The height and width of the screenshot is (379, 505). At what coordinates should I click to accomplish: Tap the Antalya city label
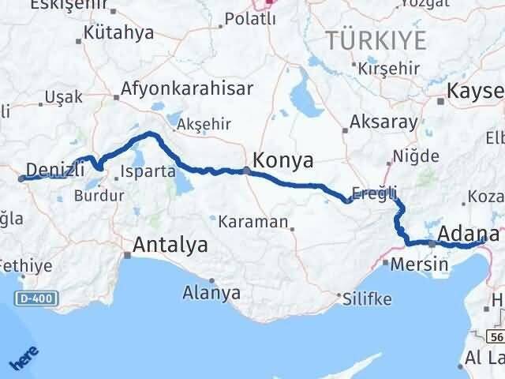[171, 245]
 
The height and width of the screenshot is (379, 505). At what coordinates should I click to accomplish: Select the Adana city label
[468, 235]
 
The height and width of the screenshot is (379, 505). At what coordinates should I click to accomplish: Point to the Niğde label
[417, 156]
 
